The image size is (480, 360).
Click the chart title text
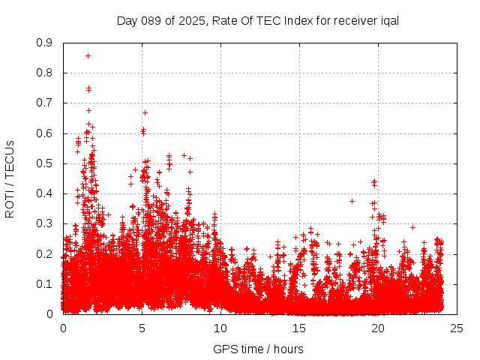pos(258,20)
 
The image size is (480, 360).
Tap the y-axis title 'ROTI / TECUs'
pos(10,178)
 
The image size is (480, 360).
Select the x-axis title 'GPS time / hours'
pos(258,349)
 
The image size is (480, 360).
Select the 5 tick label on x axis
pos(142,328)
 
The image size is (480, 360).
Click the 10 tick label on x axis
pos(220,328)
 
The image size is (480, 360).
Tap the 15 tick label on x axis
pos(299,328)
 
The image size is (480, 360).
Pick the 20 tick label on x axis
pos(378,328)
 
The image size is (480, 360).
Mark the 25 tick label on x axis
pos(457,328)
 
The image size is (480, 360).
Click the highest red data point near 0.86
pos(88,55)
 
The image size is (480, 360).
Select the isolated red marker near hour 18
pos(352,201)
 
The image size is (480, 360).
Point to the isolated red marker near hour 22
pos(412,226)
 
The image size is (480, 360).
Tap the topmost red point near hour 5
pos(145,112)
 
